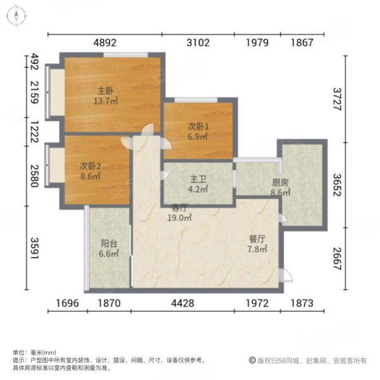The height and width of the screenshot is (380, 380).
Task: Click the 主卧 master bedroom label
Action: pos(105,90)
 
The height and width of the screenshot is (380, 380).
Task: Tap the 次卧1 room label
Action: pos(198,125)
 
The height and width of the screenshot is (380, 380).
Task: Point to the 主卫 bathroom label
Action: pos(198,179)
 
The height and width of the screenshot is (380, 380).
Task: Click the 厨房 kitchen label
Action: pos(279,182)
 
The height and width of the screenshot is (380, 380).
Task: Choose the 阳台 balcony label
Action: pos(108,243)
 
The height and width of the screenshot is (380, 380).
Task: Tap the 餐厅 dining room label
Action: pos(256,239)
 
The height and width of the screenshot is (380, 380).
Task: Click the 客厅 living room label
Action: pos(179,206)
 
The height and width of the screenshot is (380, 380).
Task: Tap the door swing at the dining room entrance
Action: pos(286,275)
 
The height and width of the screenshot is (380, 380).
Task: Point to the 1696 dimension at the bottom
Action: pos(67,303)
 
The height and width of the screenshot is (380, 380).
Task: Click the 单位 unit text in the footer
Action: pos(19,352)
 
